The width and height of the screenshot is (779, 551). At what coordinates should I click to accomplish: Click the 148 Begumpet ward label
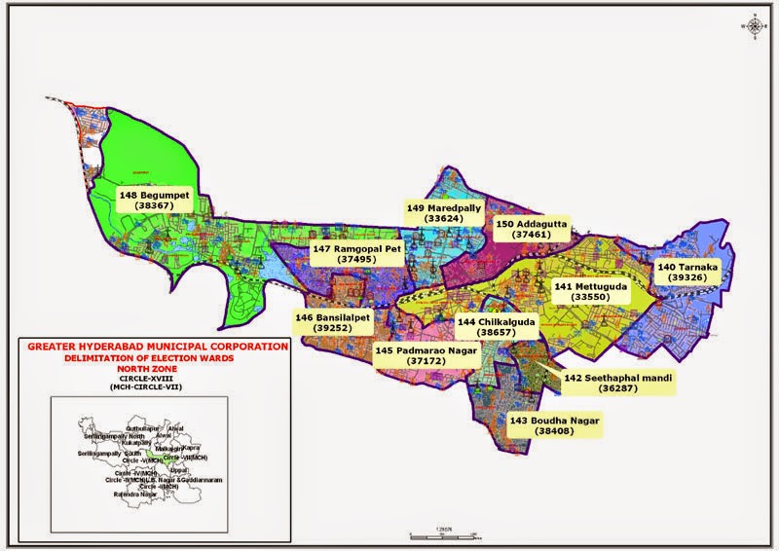155,201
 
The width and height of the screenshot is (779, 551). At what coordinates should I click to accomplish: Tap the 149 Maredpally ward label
441,213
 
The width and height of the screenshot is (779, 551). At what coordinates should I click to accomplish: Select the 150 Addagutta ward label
532,229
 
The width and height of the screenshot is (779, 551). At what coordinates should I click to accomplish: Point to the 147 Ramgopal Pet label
350,254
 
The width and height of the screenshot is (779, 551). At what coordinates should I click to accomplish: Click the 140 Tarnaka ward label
687,271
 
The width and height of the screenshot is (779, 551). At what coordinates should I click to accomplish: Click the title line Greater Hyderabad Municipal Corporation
158,347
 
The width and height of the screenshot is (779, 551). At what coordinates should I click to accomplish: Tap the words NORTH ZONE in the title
158,368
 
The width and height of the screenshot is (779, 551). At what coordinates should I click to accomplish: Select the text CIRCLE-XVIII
158,379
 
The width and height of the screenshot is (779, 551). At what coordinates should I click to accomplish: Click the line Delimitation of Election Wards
158,357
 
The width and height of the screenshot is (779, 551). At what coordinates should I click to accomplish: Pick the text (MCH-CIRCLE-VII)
158,388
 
